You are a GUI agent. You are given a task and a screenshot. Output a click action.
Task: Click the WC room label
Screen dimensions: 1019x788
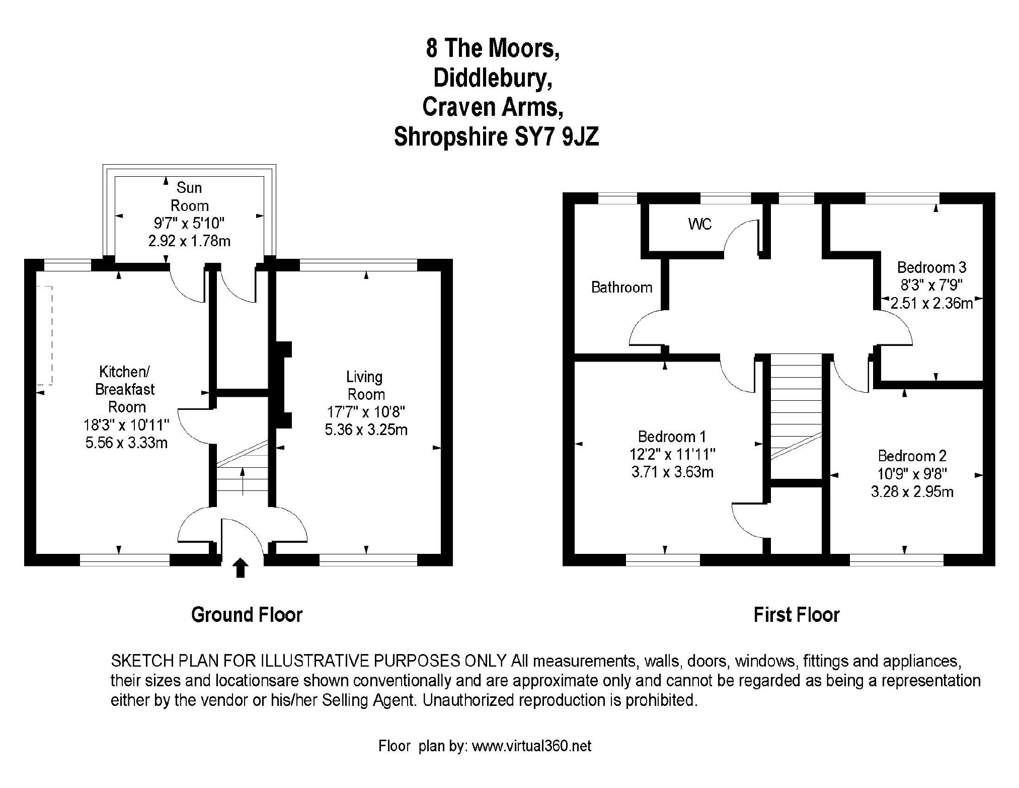click(699, 224)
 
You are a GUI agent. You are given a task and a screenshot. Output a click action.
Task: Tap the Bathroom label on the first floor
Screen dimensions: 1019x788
click(621, 288)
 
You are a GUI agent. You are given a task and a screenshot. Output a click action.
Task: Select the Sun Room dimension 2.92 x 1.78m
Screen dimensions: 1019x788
click(189, 241)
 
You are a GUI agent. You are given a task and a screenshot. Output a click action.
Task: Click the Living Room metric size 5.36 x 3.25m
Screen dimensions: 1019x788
click(366, 430)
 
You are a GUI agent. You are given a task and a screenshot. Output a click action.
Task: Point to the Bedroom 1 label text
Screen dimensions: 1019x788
click(672, 437)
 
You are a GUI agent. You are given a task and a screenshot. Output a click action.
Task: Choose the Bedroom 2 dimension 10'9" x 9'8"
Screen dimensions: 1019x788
click(912, 474)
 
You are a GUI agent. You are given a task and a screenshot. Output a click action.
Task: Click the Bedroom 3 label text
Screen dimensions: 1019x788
click(931, 267)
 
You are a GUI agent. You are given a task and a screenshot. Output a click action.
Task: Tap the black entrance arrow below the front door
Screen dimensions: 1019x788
click(241, 567)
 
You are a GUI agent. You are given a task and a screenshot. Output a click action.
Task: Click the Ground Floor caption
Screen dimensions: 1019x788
click(247, 615)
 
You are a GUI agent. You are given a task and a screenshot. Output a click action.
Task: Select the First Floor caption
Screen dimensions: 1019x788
click(796, 615)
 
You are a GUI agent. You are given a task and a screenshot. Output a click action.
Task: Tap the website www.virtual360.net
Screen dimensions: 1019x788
click(531, 746)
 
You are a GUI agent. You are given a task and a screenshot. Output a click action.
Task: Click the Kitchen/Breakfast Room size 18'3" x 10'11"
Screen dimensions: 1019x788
click(126, 425)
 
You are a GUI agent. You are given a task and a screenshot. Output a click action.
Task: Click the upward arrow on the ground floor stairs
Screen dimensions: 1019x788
click(243, 481)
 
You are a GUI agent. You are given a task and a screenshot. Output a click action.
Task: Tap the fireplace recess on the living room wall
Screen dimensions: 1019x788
click(283, 385)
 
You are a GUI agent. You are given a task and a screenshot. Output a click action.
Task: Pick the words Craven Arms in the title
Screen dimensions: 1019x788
click(492, 107)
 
